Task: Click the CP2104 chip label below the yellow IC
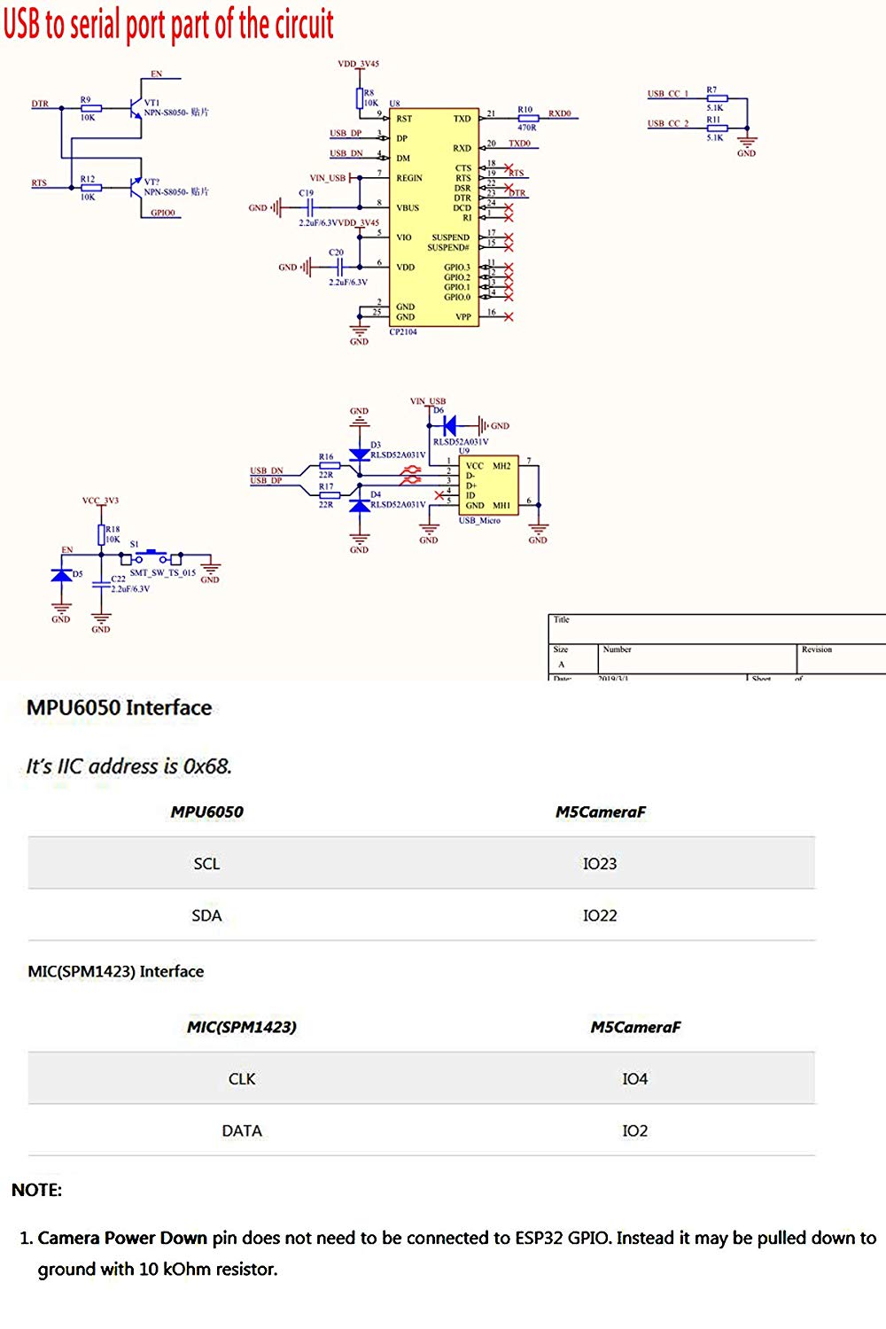coord(403,332)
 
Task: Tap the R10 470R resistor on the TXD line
coord(527,118)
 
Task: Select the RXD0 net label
coord(560,113)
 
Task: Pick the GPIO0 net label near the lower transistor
coord(163,213)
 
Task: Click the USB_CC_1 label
coord(668,94)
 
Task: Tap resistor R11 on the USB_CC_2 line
coord(716,128)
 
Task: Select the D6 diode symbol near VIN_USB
coord(450,425)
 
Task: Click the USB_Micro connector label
coord(479,521)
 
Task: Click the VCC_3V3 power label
coord(100,501)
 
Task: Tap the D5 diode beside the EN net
coord(61,575)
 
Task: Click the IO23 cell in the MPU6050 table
coord(600,864)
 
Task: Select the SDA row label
coord(206,916)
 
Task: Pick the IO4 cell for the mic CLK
coord(634,1079)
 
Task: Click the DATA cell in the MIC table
coord(242,1131)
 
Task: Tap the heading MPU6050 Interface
coord(120,708)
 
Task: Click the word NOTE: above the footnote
coord(36,1190)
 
